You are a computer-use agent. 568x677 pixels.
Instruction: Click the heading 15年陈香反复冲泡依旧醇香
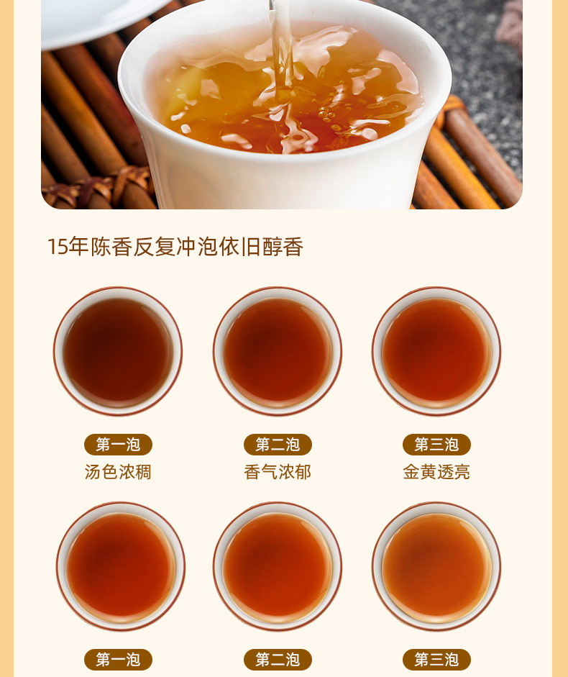tap(175, 247)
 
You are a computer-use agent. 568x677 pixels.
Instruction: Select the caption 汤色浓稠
tap(118, 472)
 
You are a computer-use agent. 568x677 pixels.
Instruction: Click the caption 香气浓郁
tap(277, 472)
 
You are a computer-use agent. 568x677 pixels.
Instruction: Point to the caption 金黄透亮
tap(436, 472)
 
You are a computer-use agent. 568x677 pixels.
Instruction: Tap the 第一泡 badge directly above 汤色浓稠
tap(118, 445)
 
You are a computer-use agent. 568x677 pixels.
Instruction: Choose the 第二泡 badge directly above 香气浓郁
tap(278, 445)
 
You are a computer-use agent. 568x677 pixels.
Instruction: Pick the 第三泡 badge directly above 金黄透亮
tap(436, 445)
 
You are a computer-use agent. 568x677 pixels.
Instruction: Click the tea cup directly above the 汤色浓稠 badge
tap(118, 351)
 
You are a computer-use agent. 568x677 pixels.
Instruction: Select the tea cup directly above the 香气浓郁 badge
tap(278, 351)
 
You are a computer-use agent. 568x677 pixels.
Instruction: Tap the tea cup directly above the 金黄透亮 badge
tap(436, 351)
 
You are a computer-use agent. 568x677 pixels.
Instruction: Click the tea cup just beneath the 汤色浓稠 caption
tap(120, 566)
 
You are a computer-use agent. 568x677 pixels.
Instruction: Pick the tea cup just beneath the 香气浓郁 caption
tap(278, 566)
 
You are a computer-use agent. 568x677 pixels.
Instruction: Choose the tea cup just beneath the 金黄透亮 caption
tap(436, 566)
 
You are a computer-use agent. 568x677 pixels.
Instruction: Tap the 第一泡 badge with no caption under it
tap(118, 659)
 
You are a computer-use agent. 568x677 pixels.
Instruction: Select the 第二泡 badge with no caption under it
tap(278, 659)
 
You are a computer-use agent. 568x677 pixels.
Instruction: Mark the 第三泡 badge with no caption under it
tap(436, 659)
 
